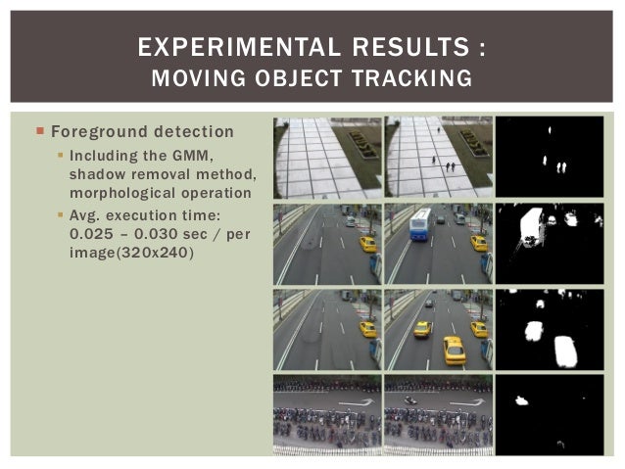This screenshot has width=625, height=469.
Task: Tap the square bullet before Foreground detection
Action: (40, 131)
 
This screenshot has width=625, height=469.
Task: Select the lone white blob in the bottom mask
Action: (522, 399)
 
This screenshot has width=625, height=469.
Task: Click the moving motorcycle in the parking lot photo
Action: (412, 399)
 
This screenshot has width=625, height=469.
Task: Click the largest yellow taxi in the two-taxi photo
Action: (454, 350)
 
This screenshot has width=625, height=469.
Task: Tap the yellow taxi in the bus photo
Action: (478, 243)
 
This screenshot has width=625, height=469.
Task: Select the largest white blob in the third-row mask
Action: (566, 351)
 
